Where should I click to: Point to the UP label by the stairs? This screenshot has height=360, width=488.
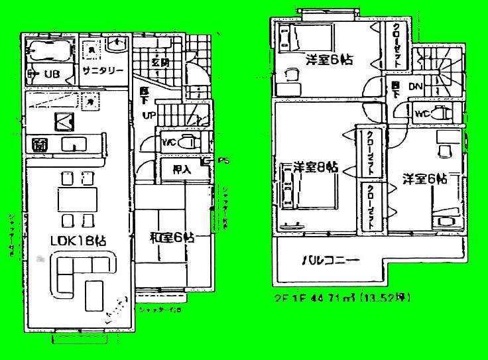[151, 115]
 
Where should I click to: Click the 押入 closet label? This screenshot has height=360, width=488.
[182, 169]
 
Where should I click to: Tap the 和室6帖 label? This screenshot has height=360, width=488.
[172, 237]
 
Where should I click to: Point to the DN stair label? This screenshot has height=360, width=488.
[416, 87]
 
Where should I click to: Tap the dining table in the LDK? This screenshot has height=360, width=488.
[77, 199]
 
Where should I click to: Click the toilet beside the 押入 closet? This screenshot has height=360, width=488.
[190, 141]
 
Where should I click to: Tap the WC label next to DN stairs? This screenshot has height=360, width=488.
[422, 113]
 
